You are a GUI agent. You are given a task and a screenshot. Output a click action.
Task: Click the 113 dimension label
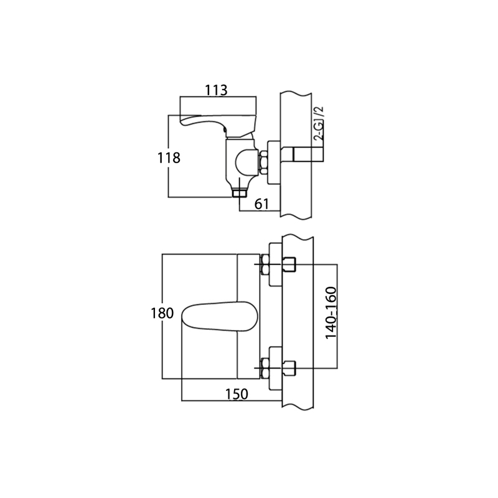coord(216,90)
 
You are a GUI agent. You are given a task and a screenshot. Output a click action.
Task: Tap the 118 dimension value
coord(169,158)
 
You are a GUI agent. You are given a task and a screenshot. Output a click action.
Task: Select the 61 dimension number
coord(261,204)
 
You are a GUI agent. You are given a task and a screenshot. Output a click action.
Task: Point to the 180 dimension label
coord(162,314)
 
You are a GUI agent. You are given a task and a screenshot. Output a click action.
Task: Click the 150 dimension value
coord(237,394)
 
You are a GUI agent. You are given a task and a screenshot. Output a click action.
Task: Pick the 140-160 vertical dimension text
coord(331,313)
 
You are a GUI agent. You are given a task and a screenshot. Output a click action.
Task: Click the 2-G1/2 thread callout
coord(319,123)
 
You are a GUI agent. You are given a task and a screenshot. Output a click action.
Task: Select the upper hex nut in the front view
coord(265,265)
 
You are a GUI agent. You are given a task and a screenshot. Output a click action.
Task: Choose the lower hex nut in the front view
coord(265,369)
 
